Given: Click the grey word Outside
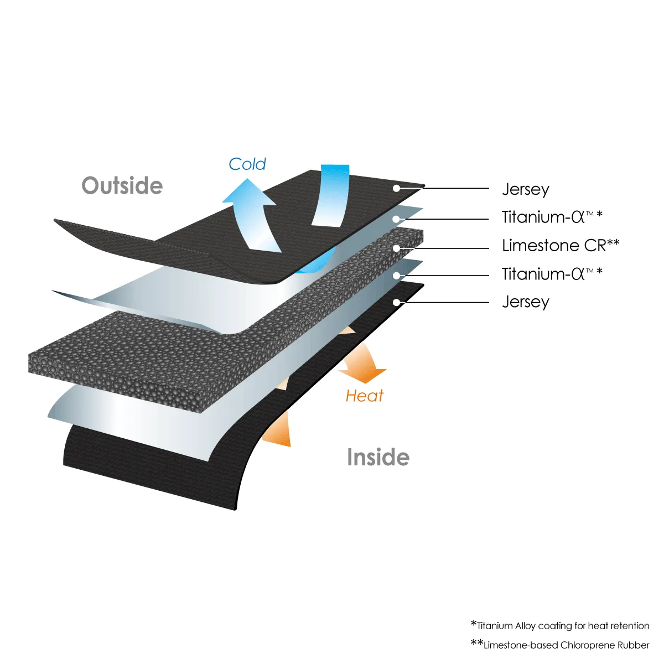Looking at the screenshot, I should [x=122, y=186].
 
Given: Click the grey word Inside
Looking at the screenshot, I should [x=378, y=458].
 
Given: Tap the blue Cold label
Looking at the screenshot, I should [x=247, y=164].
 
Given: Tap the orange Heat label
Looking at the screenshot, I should [x=364, y=396].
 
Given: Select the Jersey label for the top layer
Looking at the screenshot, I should [x=525, y=189].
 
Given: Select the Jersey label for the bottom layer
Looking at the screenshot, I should [x=525, y=302].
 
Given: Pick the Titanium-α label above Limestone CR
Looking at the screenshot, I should [x=551, y=217].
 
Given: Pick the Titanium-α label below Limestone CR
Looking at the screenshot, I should [x=551, y=274].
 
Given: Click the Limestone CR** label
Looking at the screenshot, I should [x=560, y=245].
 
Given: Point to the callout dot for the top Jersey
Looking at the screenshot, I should [x=396, y=188].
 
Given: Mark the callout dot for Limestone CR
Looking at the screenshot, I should [x=396, y=248].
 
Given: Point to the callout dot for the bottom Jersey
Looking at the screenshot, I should [x=396, y=302].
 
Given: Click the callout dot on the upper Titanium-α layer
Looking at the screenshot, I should [x=396, y=219].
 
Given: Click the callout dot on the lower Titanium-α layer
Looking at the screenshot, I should [x=396, y=275].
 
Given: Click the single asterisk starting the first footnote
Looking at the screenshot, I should [x=474, y=624].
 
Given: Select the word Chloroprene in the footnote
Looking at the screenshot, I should [x=587, y=645].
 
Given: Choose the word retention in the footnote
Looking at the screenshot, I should [x=630, y=626].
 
